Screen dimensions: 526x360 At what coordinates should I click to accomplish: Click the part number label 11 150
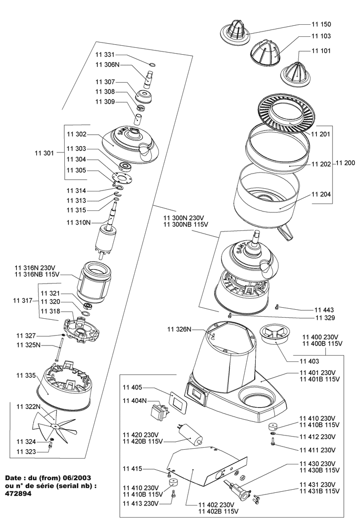pos(322,25)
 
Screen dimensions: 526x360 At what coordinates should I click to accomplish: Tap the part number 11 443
pos(325,310)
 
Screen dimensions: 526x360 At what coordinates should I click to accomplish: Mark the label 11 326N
pos(179,329)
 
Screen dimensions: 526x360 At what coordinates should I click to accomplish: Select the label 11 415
pos(133,468)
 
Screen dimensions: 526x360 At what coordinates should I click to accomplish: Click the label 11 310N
pos(78,222)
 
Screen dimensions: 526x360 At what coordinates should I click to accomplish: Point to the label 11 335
pos(26,376)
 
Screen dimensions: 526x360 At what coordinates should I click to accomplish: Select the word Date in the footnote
pos(14,478)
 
